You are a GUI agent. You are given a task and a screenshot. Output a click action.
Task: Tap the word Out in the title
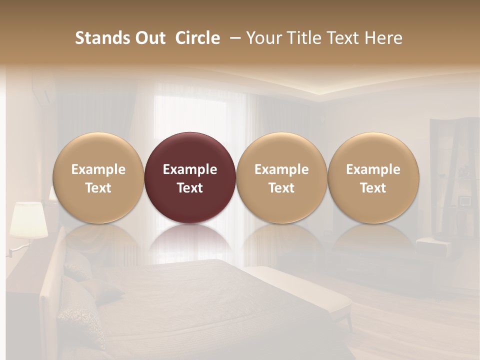coord(149,38)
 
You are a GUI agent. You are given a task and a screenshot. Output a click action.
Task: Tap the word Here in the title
coord(384,38)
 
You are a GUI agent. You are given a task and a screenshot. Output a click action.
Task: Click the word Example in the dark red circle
coord(190,169)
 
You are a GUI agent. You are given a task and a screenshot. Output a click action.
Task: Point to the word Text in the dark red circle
coord(190,188)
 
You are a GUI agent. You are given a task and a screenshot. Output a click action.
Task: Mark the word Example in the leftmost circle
coord(98,169)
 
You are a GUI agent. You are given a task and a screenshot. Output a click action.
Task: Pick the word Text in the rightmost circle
coord(373,188)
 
